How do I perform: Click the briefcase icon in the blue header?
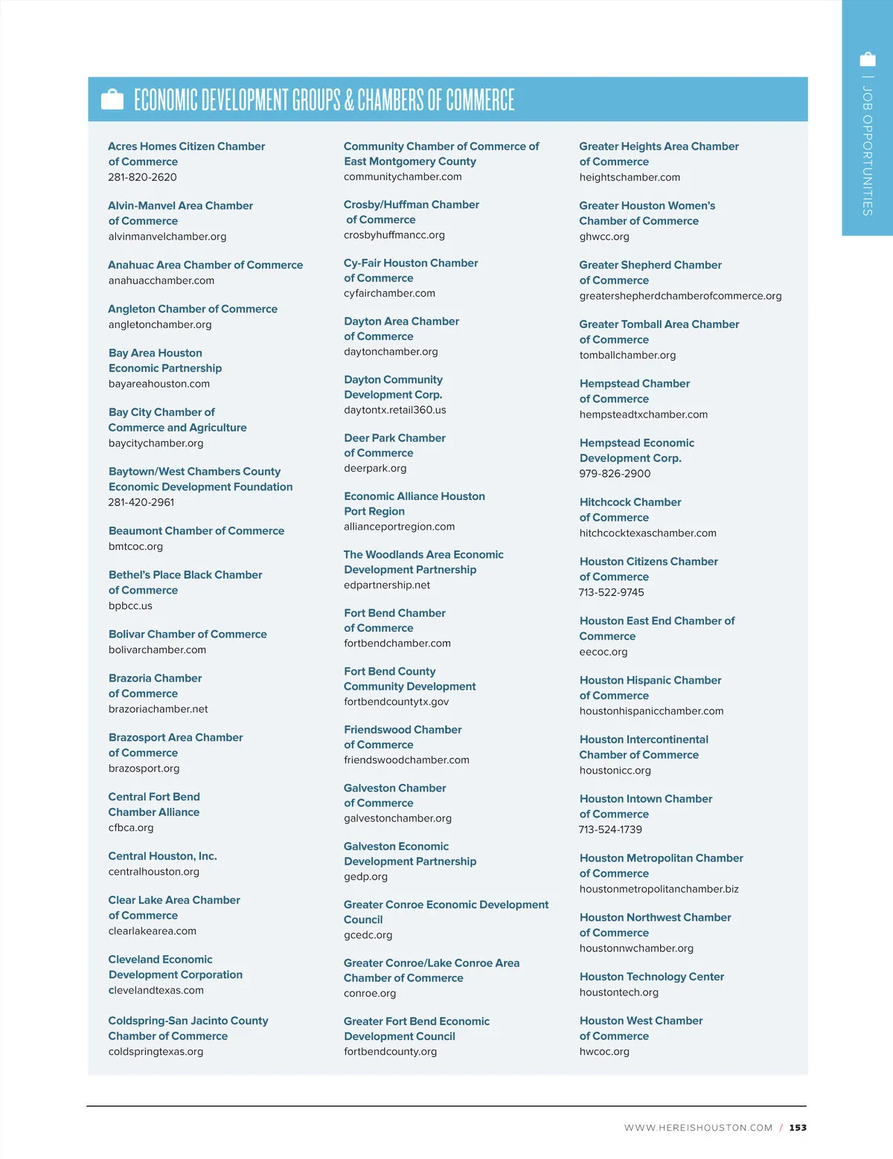(112, 99)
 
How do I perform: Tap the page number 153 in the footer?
(798, 1128)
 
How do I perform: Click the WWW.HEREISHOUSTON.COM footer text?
(698, 1128)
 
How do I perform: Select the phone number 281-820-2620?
(142, 177)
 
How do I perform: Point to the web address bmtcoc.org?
(135, 546)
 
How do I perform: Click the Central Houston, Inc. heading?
(162, 856)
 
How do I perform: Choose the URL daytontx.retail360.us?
(394, 410)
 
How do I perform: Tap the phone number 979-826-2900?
(615, 473)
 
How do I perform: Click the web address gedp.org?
(365, 876)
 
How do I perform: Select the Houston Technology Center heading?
(651, 977)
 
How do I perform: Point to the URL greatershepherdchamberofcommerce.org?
(680, 295)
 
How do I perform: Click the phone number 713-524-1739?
(610, 829)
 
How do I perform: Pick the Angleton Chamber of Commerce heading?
(193, 309)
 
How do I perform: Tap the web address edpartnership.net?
(387, 585)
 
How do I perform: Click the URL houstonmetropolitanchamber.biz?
(659, 889)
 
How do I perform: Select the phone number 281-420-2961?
(141, 502)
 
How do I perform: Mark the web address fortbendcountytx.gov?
(396, 701)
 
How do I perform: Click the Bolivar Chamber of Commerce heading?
(188, 634)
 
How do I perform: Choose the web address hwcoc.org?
(604, 1051)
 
